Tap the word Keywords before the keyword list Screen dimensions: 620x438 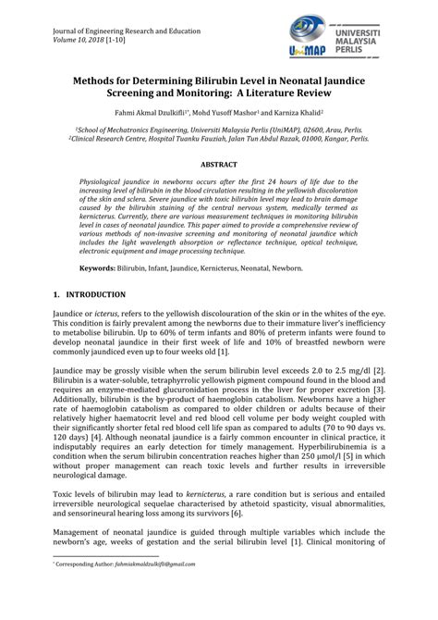coord(102,267)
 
